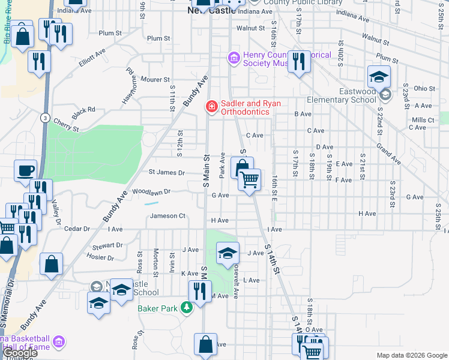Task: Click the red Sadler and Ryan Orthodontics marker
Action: pos(211,107)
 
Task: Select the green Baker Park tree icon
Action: pos(187,308)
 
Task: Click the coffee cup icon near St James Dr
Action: pos(25,170)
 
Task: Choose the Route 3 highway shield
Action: pos(45,118)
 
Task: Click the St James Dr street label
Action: pos(166,173)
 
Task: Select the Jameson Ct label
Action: pos(167,216)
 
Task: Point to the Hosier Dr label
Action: pos(100,257)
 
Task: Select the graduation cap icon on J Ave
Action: pos(228,253)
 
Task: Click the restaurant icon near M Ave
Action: pos(200,292)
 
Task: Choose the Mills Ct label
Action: pos(423,120)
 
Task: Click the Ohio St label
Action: pos(424,89)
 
